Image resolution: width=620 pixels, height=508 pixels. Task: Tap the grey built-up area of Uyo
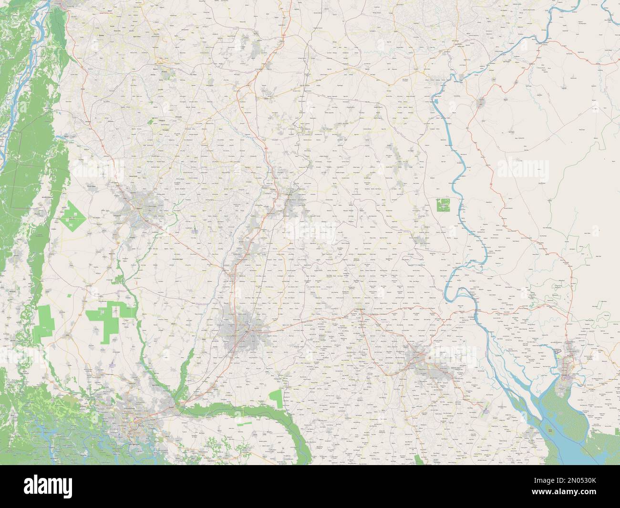click(420, 358)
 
